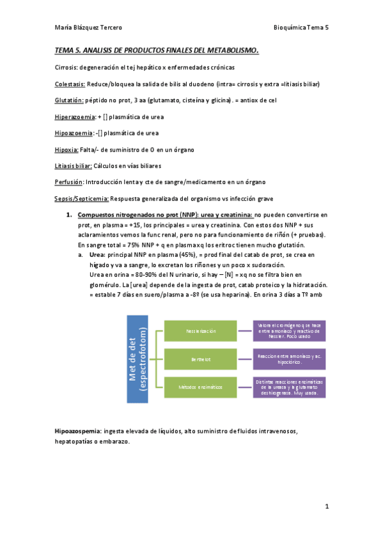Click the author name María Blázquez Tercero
coord(88,27)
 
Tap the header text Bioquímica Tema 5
coord(301,27)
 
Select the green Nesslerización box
coord(201,330)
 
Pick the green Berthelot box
coord(201,359)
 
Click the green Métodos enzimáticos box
coord(201,387)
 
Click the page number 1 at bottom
coord(327,506)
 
